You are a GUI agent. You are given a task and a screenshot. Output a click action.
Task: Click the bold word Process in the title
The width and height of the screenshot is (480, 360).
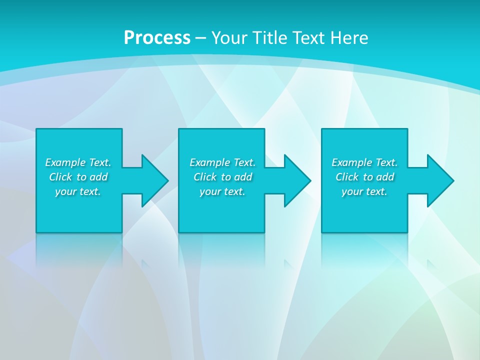157,38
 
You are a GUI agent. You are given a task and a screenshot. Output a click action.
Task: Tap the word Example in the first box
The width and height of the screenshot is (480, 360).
65,162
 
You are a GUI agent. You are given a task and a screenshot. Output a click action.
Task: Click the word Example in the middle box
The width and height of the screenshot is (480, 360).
210,162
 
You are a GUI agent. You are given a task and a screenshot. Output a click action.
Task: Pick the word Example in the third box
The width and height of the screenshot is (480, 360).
352,162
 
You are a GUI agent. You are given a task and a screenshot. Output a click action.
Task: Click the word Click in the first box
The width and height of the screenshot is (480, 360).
61,177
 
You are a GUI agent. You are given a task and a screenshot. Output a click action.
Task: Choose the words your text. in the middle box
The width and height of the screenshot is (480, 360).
222,191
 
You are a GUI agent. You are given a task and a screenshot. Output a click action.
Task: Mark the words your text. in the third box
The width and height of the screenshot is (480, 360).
364,191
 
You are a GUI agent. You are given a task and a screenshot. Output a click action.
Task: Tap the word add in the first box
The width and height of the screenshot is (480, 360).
98,177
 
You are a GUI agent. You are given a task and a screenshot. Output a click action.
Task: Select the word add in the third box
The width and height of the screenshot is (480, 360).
385,177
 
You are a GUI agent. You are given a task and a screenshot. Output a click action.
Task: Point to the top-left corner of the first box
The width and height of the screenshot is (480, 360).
37,129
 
